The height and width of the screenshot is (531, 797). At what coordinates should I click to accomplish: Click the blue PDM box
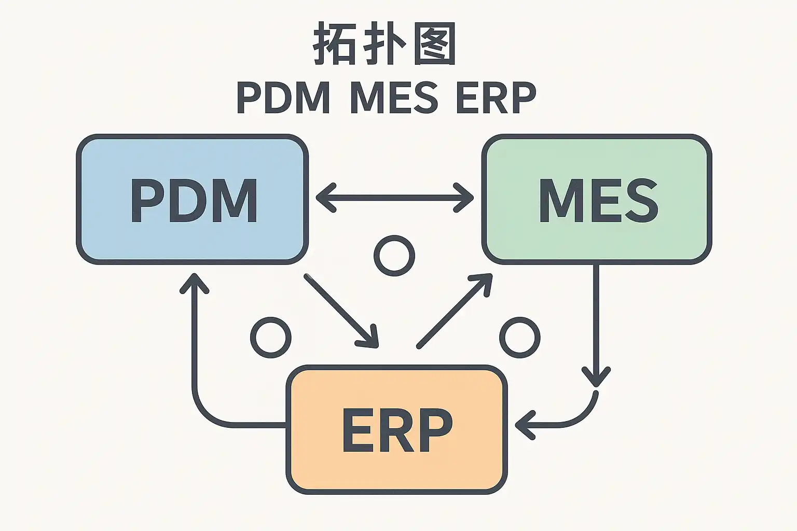point(193,200)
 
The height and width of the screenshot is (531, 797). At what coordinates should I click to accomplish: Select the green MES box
point(597,200)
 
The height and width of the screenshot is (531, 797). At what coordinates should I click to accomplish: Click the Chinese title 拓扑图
point(384,44)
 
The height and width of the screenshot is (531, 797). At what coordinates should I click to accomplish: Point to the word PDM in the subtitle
point(283,98)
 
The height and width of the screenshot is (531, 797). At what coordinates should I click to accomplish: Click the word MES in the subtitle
point(394,98)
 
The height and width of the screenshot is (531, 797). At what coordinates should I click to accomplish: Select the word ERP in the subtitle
point(496,98)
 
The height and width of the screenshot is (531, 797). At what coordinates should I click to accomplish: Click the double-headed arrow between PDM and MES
point(395,198)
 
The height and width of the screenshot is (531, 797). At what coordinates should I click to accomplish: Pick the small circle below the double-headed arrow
point(394,256)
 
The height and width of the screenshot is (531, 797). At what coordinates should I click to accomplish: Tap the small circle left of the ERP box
point(270,338)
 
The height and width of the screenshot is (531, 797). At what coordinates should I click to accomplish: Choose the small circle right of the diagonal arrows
point(519,338)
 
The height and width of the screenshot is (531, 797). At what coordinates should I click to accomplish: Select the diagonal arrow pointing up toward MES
point(455,311)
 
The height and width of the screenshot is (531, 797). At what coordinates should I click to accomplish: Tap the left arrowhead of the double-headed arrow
point(325,198)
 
